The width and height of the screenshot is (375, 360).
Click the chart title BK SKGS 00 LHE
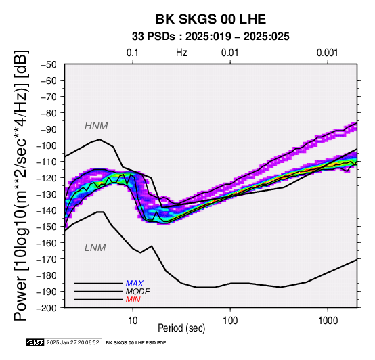coord(211,19)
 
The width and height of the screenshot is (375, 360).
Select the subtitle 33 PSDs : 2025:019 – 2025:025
coord(211,37)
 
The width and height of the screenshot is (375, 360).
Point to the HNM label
coord(96,126)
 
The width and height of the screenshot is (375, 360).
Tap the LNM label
coord(95,248)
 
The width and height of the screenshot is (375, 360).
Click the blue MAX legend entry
coord(135,284)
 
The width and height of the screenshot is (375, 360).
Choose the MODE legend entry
coord(138,292)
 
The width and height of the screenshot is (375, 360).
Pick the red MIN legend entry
coord(133,300)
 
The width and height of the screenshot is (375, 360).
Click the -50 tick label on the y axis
coord(49,64)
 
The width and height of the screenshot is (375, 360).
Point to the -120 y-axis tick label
coord(47,178)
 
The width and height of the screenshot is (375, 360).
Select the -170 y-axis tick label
coord(47,259)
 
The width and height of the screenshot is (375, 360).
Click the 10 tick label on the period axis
coord(133,321)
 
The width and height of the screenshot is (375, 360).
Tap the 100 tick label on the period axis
coord(230,321)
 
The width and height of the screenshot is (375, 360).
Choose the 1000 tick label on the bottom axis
coord(328,321)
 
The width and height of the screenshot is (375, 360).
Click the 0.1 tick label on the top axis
coord(133,53)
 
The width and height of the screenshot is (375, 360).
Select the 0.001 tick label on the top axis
coord(328,53)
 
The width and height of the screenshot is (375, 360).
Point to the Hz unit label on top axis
coord(181,53)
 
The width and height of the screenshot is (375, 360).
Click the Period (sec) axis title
coord(181,328)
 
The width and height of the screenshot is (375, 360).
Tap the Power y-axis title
coord(21,185)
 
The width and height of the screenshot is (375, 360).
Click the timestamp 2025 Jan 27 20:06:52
coord(72,343)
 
